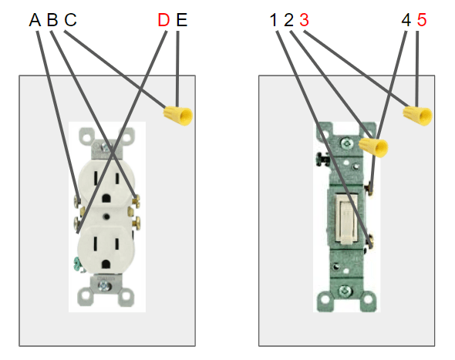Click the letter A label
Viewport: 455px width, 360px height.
pyautogui.click(x=35, y=19)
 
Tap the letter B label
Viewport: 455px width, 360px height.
pyautogui.click(x=52, y=19)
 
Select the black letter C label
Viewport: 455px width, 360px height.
pyautogui.click(x=70, y=19)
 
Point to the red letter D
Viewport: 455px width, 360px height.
pyautogui.click(x=163, y=19)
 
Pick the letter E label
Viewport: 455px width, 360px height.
pyautogui.click(x=181, y=19)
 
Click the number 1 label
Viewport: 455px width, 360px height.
pyautogui.click(x=274, y=19)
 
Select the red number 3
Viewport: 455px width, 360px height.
pyautogui.click(x=304, y=19)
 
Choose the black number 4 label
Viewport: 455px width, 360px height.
pyautogui.click(x=406, y=19)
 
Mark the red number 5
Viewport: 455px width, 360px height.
pyautogui.click(x=421, y=19)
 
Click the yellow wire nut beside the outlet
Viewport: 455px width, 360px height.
pyautogui.click(x=177, y=116)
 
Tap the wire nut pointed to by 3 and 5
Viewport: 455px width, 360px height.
pyautogui.click(x=417, y=116)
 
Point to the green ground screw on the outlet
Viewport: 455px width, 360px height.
pyautogui.click(x=78, y=264)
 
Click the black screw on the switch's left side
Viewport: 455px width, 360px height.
pyautogui.click(x=320, y=162)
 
